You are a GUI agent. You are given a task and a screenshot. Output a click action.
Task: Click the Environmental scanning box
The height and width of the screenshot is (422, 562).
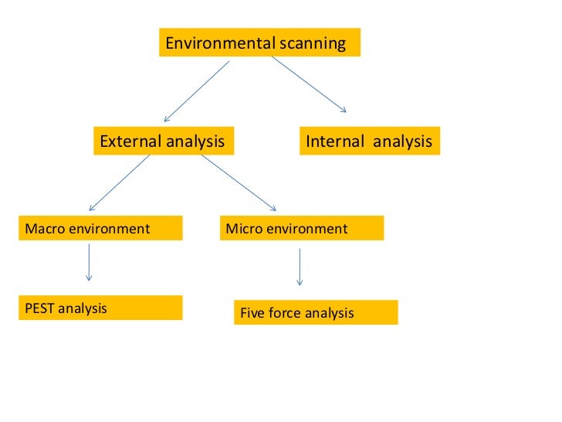259,43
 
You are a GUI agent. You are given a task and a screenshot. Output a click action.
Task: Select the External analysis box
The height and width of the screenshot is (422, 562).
163,141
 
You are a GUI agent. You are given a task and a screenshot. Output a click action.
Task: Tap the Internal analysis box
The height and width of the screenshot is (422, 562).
369,141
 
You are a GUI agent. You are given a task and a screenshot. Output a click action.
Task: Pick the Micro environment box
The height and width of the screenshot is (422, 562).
301,229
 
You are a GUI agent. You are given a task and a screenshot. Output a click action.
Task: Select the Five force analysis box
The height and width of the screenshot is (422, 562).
316,312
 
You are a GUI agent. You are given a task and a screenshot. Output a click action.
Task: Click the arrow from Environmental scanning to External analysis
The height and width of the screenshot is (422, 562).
197,90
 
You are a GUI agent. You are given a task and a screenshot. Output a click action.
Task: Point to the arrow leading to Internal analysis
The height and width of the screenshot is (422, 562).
309,84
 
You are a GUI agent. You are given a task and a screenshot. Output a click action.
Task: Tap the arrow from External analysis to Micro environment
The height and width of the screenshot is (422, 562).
239,182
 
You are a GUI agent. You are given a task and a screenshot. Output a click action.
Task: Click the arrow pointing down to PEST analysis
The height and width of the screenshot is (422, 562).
90,263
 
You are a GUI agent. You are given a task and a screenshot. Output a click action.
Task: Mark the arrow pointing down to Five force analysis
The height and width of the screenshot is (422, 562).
300,267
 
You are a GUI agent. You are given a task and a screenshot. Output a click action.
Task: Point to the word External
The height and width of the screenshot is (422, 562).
129,141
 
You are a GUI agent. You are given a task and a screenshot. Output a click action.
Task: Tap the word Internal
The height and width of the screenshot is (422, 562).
335,141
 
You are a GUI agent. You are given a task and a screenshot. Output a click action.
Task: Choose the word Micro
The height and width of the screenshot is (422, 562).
242,229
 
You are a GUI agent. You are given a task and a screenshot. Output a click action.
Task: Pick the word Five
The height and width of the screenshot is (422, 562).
253,313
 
